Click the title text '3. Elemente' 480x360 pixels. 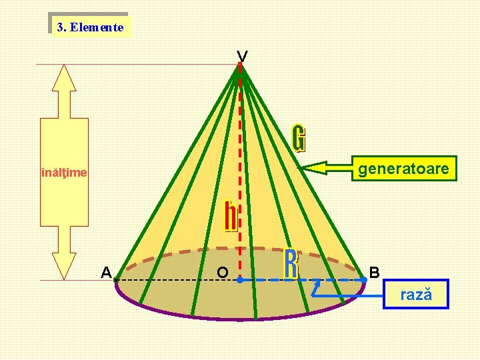[x=90, y=27]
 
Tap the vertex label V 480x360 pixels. [x=242, y=57]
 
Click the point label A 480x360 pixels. [x=105, y=272]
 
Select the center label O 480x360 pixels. [x=223, y=273]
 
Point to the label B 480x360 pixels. [x=375, y=272]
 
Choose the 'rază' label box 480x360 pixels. [x=416, y=294]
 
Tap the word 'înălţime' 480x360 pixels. [x=64, y=173]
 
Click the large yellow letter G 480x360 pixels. [x=300, y=137]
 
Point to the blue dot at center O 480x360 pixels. [x=239, y=280]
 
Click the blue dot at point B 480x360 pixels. [x=365, y=280]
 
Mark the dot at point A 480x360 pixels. [x=116, y=280]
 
